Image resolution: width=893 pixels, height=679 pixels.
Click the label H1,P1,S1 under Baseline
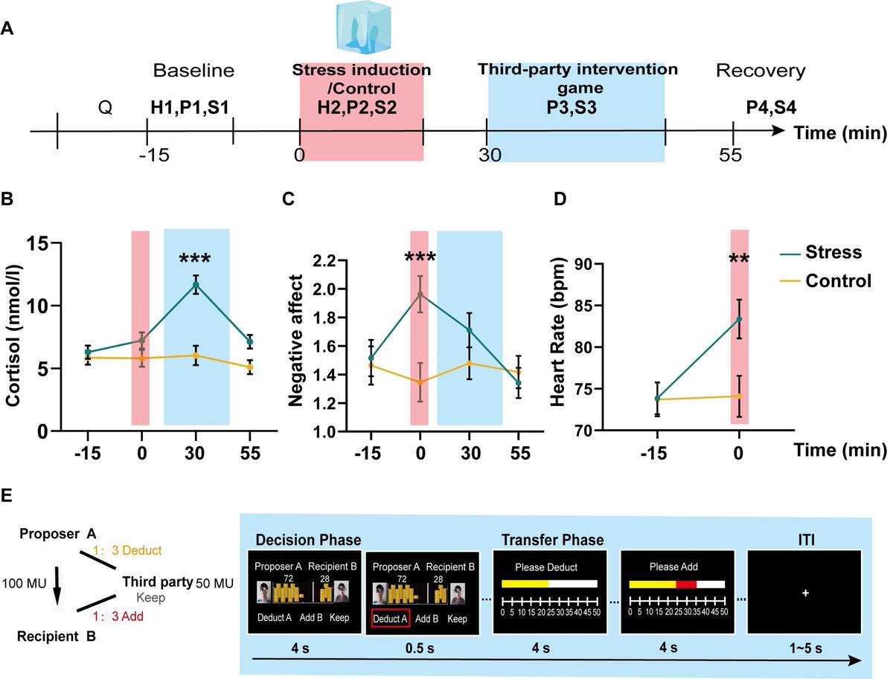click(189, 107)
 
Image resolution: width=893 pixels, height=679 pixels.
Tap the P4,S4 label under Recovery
click(760, 107)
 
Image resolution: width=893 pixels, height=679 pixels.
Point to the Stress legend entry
click(815, 252)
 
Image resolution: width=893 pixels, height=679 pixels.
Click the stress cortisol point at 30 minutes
click(196, 284)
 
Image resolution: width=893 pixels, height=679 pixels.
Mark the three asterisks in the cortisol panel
click(196, 260)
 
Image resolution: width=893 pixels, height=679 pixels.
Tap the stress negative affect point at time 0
click(420, 295)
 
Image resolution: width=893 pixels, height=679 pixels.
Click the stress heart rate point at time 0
click(739, 319)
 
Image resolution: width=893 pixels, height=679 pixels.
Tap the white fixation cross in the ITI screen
click(804, 593)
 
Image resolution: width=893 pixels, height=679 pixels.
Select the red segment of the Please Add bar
click(685, 584)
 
